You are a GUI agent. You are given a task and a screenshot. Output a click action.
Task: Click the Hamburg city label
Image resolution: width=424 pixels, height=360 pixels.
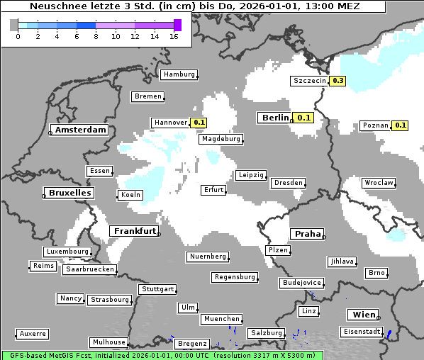click(179, 74)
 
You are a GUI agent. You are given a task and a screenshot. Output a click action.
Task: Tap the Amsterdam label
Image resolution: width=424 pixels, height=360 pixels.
click(80, 130)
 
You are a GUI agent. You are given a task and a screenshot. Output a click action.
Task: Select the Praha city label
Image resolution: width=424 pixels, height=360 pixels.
click(308, 234)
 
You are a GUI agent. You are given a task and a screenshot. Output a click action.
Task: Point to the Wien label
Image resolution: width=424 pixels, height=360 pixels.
click(363, 315)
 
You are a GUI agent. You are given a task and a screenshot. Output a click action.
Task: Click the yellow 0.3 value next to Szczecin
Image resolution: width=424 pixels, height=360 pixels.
click(338, 81)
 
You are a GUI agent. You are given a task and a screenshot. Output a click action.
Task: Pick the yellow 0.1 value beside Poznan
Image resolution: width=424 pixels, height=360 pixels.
click(401, 125)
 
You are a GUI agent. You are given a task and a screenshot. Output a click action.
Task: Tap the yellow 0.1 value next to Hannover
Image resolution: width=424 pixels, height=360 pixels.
click(199, 123)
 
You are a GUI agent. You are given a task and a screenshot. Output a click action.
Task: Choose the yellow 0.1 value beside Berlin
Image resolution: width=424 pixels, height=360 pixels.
click(305, 118)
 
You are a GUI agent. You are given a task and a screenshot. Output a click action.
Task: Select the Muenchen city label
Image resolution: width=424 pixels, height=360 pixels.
click(221, 319)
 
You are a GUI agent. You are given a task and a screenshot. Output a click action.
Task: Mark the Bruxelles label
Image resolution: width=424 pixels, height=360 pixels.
click(69, 193)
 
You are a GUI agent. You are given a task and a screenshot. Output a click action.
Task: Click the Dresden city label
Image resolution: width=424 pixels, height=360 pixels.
click(289, 183)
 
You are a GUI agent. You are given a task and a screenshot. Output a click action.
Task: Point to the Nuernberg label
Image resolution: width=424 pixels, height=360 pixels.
click(208, 257)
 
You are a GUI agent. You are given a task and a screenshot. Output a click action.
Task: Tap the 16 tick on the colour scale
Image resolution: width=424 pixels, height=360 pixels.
click(174, 35)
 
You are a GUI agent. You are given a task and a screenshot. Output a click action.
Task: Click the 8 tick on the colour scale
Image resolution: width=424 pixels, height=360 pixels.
click(96, 35)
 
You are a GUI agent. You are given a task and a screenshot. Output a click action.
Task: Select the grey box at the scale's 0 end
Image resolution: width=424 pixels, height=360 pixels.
click(14, 25)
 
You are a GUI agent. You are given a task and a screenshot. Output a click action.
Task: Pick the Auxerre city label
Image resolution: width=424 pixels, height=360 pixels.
click(33, 333)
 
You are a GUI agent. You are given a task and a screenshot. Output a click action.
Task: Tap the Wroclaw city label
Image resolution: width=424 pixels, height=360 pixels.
click(379, 183)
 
